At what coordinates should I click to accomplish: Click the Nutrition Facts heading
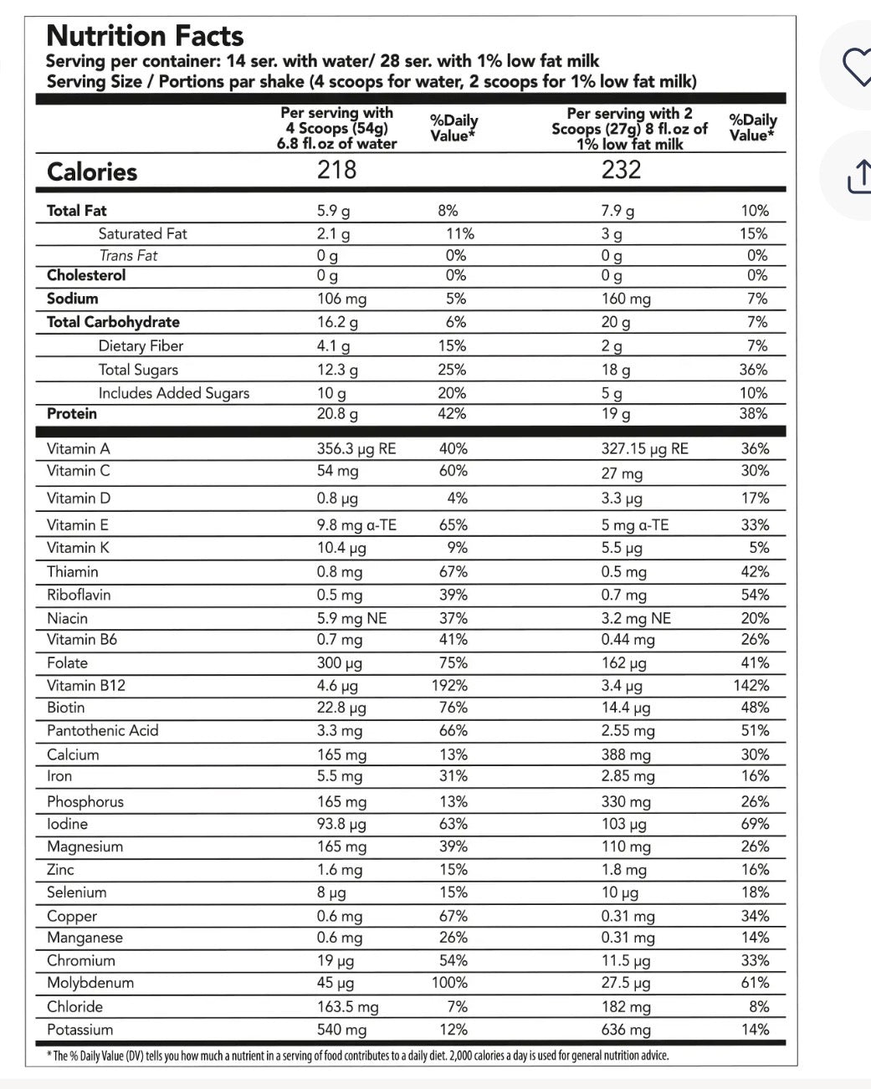coord(145,36)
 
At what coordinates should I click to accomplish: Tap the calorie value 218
coord(336,170)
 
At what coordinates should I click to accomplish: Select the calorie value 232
coord(621,170)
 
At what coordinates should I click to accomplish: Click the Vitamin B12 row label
coord(86,686)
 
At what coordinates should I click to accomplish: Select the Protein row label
coord(72,414)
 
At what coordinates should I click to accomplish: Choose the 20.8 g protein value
coord(337,414)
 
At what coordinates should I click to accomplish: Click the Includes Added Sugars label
coord(174,393)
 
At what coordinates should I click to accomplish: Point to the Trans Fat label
coord(128,256)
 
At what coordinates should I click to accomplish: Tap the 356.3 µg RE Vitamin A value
coord(356,449)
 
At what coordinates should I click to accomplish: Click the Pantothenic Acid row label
coord(103,731)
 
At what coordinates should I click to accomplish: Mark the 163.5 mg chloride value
coord(347,1007)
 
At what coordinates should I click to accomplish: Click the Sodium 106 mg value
coord(341,299)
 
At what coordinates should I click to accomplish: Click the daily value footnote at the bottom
coord(357,1056)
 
